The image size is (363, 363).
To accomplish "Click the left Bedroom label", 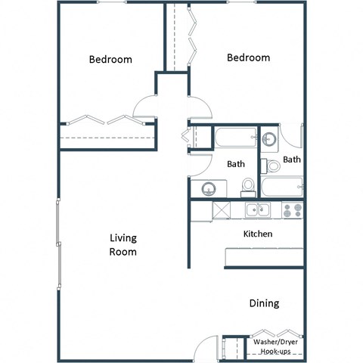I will coord(110,60).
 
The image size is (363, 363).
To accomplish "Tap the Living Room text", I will coord(123,245).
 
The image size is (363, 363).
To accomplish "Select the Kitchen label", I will coord(257,234).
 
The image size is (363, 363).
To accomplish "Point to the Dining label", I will coord(264,303).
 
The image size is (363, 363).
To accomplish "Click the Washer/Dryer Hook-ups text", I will coord(277,347).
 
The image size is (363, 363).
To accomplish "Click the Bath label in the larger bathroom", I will coord(236,163).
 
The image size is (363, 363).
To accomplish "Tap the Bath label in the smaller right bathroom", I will coord(292,160).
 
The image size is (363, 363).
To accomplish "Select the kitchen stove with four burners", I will coord(293,209).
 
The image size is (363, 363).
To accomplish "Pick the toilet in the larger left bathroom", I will coord(247,187).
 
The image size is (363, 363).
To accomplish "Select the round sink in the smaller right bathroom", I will coord(270,139).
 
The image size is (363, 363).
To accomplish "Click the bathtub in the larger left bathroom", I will coord(235,138).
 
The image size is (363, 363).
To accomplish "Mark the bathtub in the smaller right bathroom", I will coord(282,185).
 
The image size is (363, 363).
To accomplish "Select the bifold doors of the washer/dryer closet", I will coord(275,334).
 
